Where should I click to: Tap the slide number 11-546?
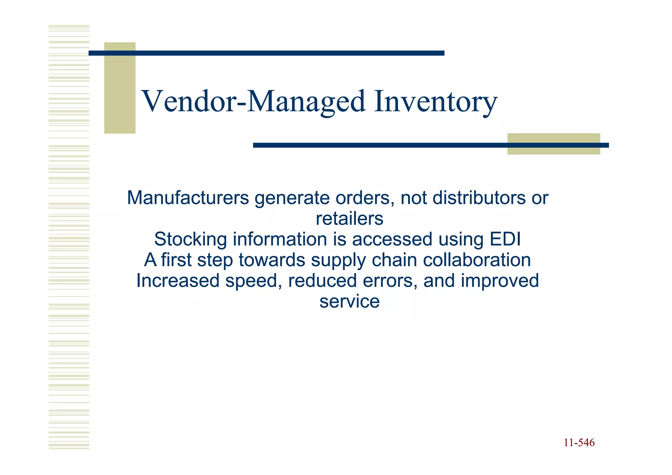pyautogui.click(x=579, y=443)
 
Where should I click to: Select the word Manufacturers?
pyautogui.click(x=188, y=198)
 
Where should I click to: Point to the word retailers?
pyautogui.click(x=349, y=219)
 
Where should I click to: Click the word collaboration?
pyautogui.click(x=477, y=260)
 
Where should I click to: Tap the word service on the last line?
pyautogui.click(x=349, y=301)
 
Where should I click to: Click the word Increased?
pyautogui.click(x=178, y=281)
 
